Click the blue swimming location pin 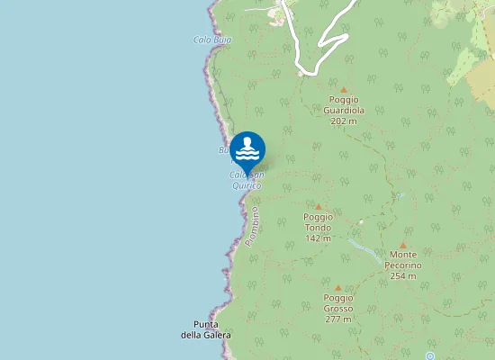247,149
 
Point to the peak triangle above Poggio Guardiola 343,90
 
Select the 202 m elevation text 343,121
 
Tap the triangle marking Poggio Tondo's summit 318,206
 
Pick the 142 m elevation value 318,238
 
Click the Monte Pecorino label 403,261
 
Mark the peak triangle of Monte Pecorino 403,245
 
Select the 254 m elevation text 403,276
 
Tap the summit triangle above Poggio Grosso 338,287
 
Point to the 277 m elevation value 338,319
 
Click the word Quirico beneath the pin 247,185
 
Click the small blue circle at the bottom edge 430,356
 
